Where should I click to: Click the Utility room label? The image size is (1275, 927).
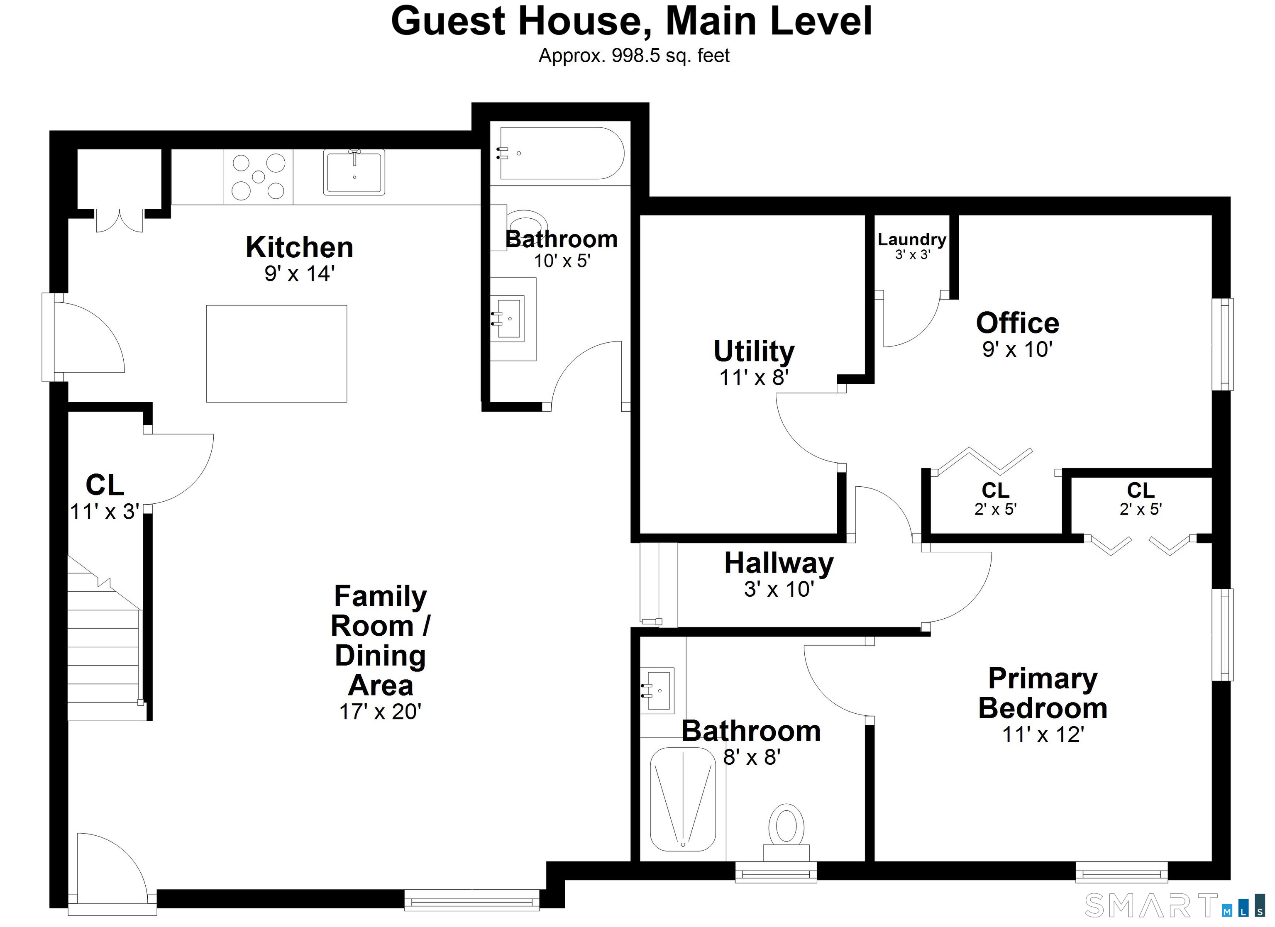pyautogui.click(x=754, y=351)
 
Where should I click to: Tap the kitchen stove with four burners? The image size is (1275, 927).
pyautogui.click(x=259, y=176)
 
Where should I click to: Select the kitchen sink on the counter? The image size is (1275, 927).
pyautogui.click(x=354, y=172)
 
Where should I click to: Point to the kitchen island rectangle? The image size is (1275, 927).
pyautogui.click(x=276, y=354)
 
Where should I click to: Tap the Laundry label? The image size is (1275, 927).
pyautogui.click(x=912, y=239)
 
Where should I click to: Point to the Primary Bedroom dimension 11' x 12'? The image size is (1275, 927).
pyautogui.click(x=1043, y=734)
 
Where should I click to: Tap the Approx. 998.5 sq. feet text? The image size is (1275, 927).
pyautogui.click(x=634, y=56)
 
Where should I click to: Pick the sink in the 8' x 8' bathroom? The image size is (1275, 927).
pyautogui.click(x=657, y=690)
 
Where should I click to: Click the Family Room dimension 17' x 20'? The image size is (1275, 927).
pyautogui.click(x=381, y=712)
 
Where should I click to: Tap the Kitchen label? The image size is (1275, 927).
pyautogui.click(x=300, y=247)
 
